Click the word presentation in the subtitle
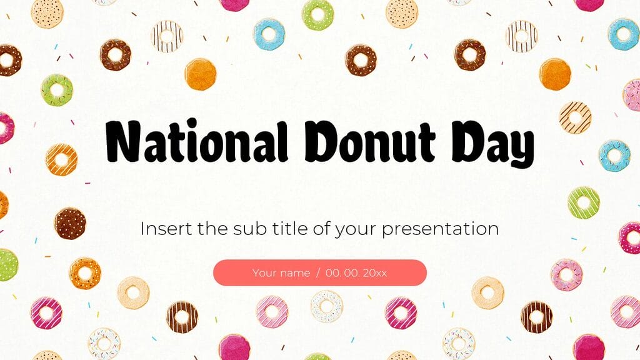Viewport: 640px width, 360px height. (440, 229)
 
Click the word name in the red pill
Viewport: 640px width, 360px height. (296, 273)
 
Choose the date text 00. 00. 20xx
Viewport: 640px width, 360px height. (356, 273)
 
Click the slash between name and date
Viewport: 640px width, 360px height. (318, 273)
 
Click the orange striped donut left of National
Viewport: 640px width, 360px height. (61, 159)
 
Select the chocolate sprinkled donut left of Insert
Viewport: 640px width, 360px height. (70, 223)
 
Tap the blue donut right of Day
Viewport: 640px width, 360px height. (614, 154)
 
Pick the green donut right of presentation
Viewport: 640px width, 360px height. (584, 202)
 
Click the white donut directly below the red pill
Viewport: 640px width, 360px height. (327, 306)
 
